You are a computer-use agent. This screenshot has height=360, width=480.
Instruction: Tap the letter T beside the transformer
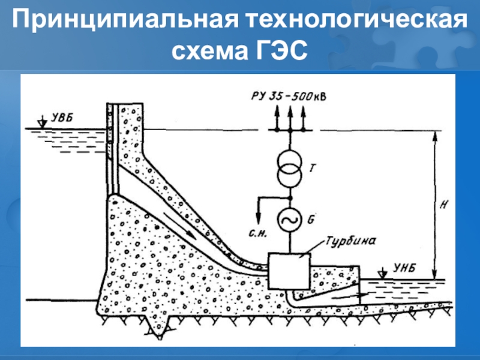(x=313, y=169)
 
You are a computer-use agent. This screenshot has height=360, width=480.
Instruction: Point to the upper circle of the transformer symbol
(x=289, y=161)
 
